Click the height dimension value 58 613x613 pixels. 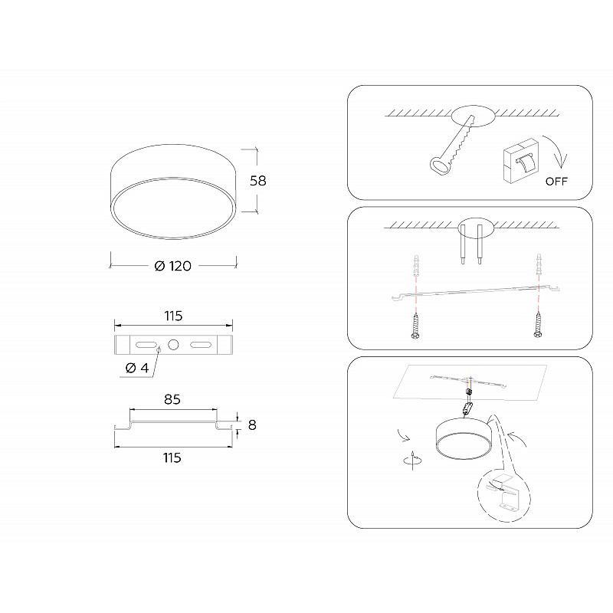click(258, 181)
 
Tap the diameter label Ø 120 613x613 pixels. click(173, 266)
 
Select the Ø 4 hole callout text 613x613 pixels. click(137, 368)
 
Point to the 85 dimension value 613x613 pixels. click(172, 399)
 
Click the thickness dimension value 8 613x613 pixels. click(252, 425)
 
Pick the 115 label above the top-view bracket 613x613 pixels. click(173, 316)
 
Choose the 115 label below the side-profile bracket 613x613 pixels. click(172, 457)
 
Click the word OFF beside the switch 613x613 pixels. click(556, 182)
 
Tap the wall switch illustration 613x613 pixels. click(521, 160)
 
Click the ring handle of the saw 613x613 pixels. click(440, 166)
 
